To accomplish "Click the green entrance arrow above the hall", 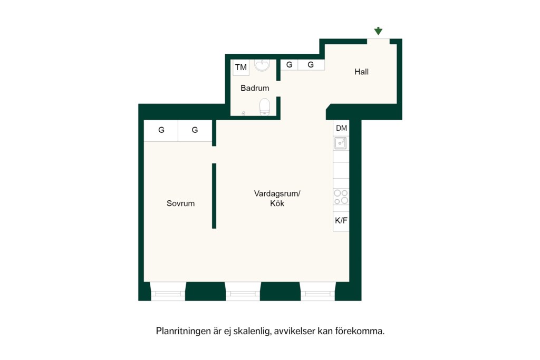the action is (x=378, y=31).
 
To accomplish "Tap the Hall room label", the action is (x=361, y=72).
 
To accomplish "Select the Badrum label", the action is (x=255, y=88).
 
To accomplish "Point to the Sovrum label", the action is (x=180, y=203).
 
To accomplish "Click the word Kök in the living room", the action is (x=277, y=203).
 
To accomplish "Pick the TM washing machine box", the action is (x=240, y=67).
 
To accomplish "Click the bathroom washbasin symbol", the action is (x=262, y=65).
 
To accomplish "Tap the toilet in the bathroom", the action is (x=265, y=106).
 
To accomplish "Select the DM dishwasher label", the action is (x=341, y=128).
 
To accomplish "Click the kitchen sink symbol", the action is (x=341, y=143).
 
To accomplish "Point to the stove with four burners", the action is (x=341, y=197).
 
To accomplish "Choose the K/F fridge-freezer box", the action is (x=341, y=221).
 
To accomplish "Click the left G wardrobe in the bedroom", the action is (x=161, y=130).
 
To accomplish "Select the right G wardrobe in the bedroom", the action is (x=195, y=130).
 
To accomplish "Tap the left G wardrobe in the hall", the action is (x=290, y=65).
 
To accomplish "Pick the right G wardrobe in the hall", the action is (x=311, y=65).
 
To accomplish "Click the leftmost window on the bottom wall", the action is (x=168, y=291).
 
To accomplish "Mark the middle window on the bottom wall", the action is (x=243, y=291).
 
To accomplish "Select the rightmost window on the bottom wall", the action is (x=317, y=291).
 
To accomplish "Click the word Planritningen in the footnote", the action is (x=184, y=331).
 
